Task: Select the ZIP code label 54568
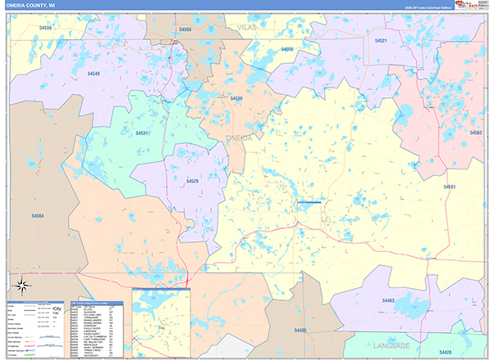[185, 29]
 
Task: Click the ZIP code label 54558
[286, 50]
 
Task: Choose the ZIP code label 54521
[381, 40]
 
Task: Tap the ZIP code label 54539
[236, 99]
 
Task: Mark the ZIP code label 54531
[142, 133]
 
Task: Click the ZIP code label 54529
[192, 181]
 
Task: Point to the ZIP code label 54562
[475, 132]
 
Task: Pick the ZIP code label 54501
[449, 187]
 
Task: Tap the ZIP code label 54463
[388, 301]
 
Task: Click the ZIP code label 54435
[300, 331]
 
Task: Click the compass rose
[22, 286]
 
